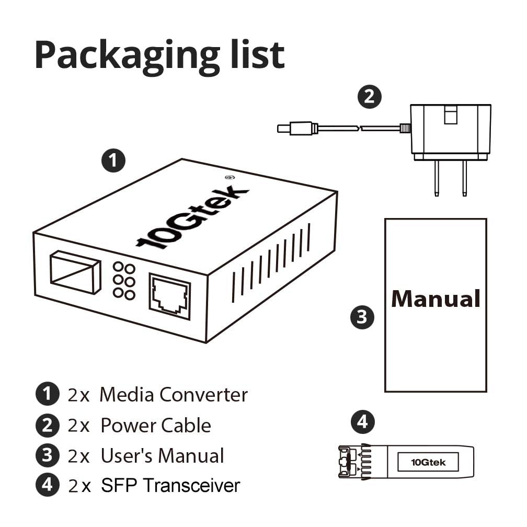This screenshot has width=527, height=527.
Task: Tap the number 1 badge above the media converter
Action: (x=113, y=161)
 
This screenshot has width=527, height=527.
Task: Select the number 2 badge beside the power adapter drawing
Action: (x=370, y=97)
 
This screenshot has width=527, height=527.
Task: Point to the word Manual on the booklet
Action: (x=436, y=299)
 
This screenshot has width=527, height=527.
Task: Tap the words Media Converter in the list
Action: (x=174, y=395)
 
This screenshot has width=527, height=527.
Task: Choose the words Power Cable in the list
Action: (x=155, y=426)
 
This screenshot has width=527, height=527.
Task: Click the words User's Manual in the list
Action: (x=162, y=456)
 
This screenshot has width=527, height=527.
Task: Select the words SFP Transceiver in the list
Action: (x=170, y=486)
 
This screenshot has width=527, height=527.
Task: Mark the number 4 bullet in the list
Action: (x=48, y=486)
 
